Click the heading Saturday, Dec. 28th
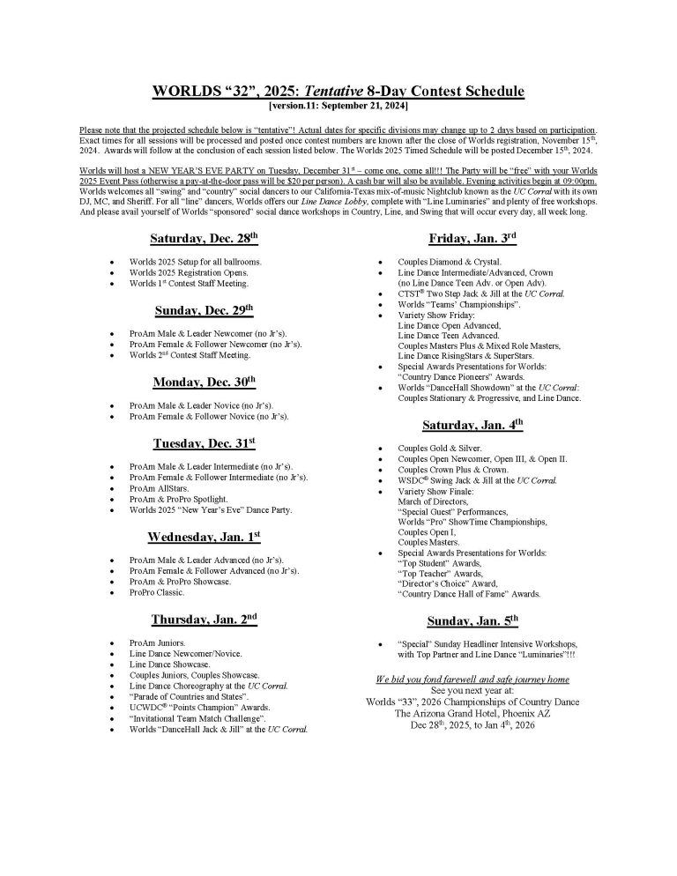(x=204, y=239)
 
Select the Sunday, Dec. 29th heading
(x=204, y=310)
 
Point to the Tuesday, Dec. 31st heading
(x=204, y=443)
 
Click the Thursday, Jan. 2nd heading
(x=204, y=620)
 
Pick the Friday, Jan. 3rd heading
(x=472, y=239)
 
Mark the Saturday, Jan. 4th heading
(x=472, y=426)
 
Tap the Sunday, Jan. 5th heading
(x=472, y=620)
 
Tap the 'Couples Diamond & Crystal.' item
(x=449, y=262)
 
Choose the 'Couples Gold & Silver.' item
(x=439, y=448)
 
